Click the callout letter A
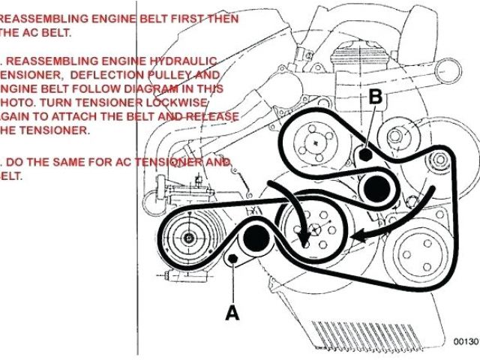233,312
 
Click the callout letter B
376,96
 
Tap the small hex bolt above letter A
232,260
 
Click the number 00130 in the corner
466,341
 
